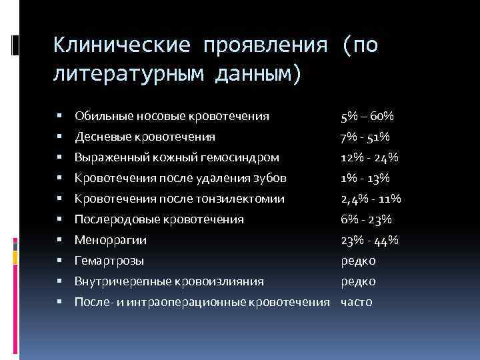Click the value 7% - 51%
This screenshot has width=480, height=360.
pos(365,137)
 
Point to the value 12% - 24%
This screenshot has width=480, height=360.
pos(369,157)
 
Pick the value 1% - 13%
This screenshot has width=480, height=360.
pos(365,178)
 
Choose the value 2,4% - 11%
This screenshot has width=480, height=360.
pos(369,199)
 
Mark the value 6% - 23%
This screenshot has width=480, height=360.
pos(365,219)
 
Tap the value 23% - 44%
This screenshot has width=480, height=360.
pos(369,240)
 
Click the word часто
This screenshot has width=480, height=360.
pos(357,302)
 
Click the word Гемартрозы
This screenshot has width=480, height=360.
pos(109,261)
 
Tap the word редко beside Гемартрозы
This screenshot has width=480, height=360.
pos(358,261)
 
